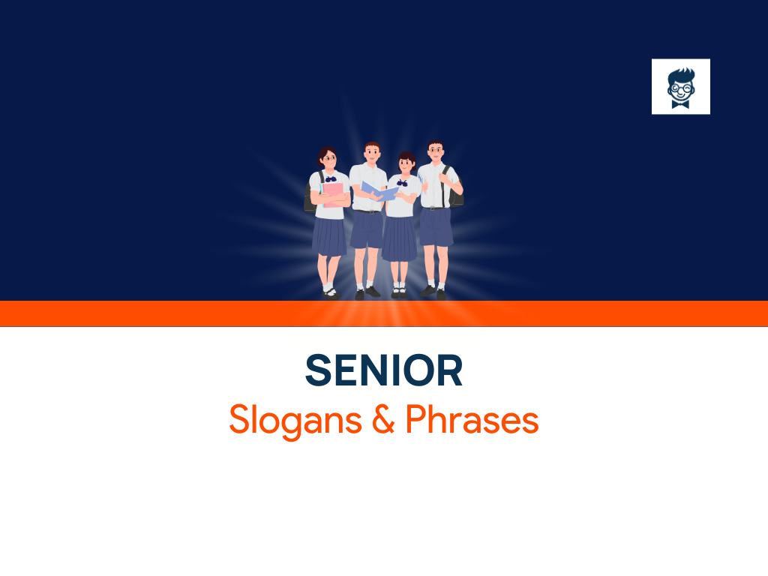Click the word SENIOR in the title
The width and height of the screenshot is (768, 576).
coord(383,370)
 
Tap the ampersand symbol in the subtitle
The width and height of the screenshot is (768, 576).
coord(384,421)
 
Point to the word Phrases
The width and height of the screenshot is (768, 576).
coord(472,421)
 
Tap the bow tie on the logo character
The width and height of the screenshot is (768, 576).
coord(681,103)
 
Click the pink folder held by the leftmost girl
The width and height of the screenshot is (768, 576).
coord(332,194)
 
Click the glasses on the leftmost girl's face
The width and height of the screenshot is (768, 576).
coord(328,159)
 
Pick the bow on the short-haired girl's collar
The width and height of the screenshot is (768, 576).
coord(403,183)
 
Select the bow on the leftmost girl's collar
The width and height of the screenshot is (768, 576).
coord(330,179)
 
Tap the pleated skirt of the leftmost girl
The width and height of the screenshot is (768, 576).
coord(329,237)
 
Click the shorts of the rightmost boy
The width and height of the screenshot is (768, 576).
coord(436,227)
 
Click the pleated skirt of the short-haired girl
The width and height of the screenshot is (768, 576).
coord(399,240)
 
